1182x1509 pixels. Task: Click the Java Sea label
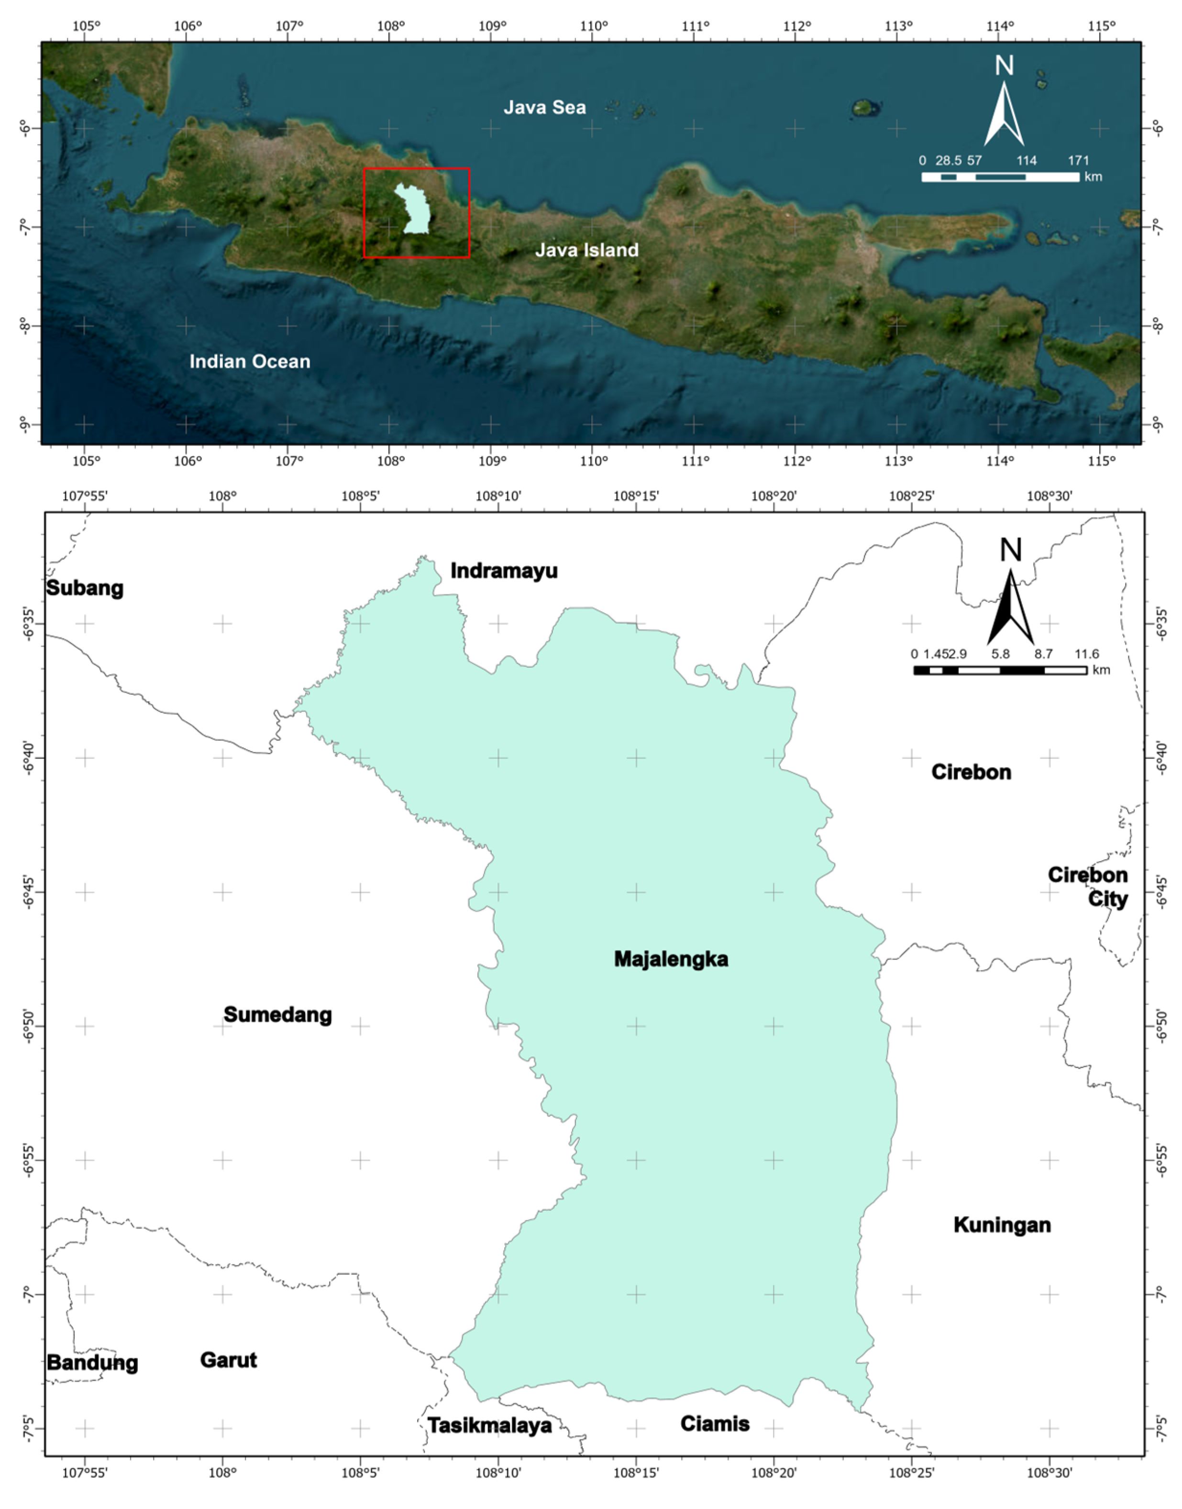545,107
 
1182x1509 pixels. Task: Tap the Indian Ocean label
250,361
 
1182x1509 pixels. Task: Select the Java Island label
587,250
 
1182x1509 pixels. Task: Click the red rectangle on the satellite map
417,169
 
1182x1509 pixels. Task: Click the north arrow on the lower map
1010,595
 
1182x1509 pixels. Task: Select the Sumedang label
277,1015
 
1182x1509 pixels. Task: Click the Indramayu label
504,571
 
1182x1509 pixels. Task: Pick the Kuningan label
1002,1225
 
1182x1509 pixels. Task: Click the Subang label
84,588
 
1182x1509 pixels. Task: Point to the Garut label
228,1360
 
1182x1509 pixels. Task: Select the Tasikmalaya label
490,1425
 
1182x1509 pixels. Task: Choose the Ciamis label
715,1423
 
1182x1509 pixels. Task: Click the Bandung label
92,1363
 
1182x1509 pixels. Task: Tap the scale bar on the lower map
1000,670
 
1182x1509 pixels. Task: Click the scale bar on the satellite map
1000,177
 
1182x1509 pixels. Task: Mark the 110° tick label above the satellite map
594,26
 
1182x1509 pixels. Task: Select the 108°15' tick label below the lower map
636,1486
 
